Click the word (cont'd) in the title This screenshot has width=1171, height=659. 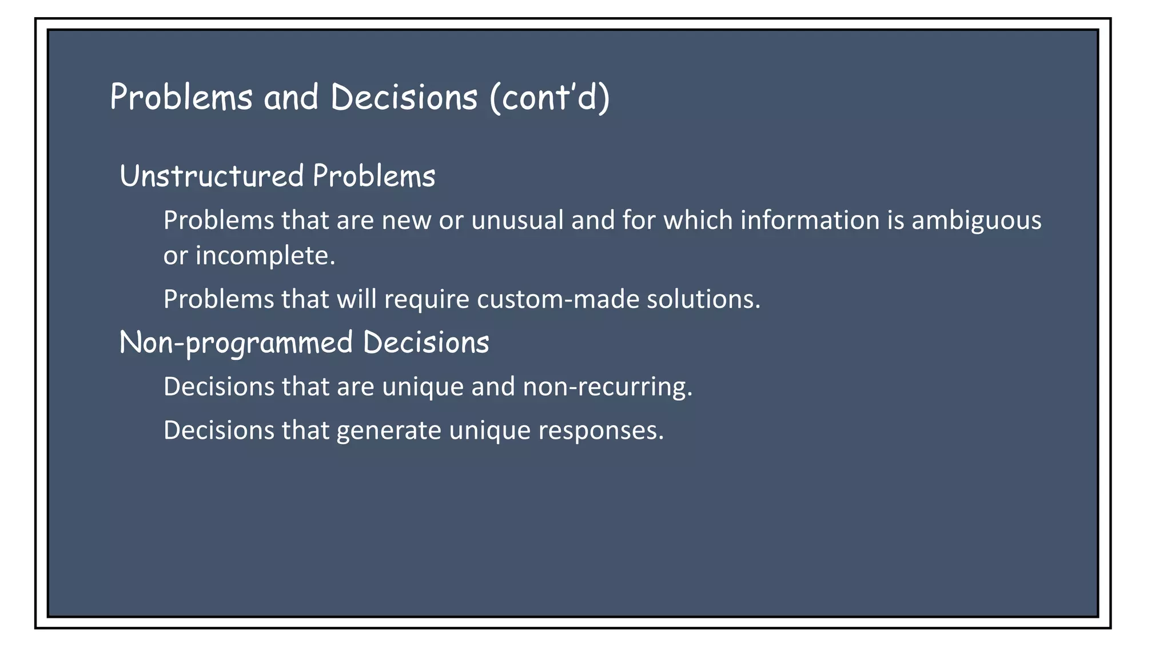click(x=549, y=97)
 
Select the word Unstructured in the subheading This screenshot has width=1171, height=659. click(x=212, y=176)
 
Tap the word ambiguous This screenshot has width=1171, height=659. click(x=976, y=221)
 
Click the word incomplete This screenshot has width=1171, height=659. click(x=265, y=256)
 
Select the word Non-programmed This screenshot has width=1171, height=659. click(x=236, y=343)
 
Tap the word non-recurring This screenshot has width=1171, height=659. click(x=607, y=387)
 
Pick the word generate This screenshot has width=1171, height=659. click(x=389, y=431)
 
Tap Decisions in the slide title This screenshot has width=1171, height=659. click(x=404, y=97)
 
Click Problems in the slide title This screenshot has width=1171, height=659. click(x=181, y=97)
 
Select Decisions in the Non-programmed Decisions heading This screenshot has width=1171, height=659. click(x=426, y=343)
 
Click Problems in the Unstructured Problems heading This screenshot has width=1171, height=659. click(x=374, y=176)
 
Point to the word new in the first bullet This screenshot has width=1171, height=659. click(x=406, y=221)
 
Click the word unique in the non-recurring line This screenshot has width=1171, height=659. click(x=423, y=387)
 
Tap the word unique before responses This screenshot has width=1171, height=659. click(x=489, y=431)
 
